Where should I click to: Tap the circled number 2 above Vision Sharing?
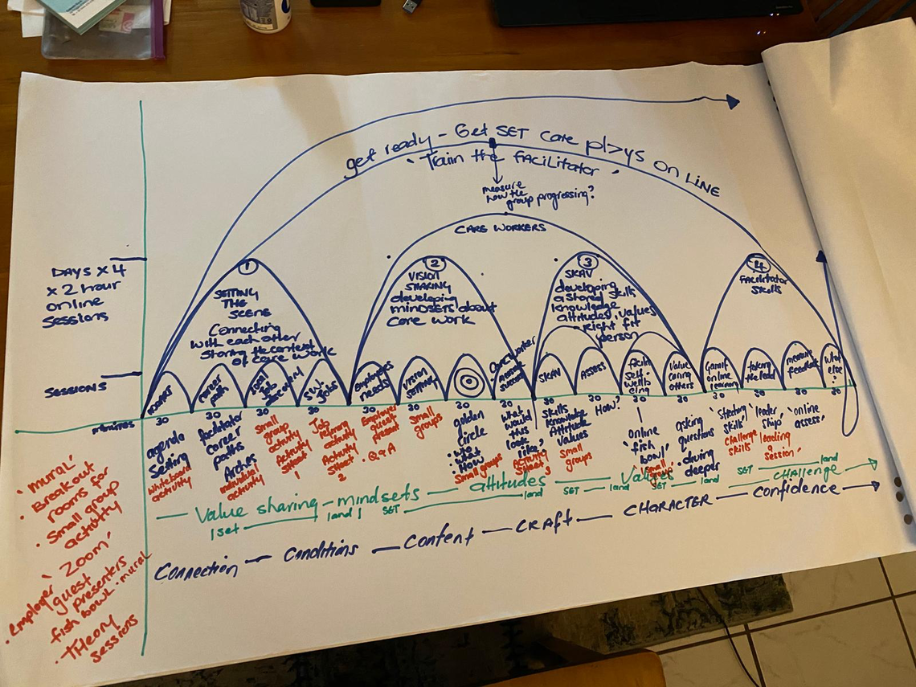[435, 263]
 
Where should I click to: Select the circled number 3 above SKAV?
[587, 261]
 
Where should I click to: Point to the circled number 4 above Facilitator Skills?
[756, 262]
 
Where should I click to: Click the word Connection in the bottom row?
[196, 570]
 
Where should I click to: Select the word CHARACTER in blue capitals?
[667, 504]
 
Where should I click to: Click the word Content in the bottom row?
[439, 538]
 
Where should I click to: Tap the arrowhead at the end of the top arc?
[731, 101]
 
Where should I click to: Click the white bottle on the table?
[265, 15]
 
